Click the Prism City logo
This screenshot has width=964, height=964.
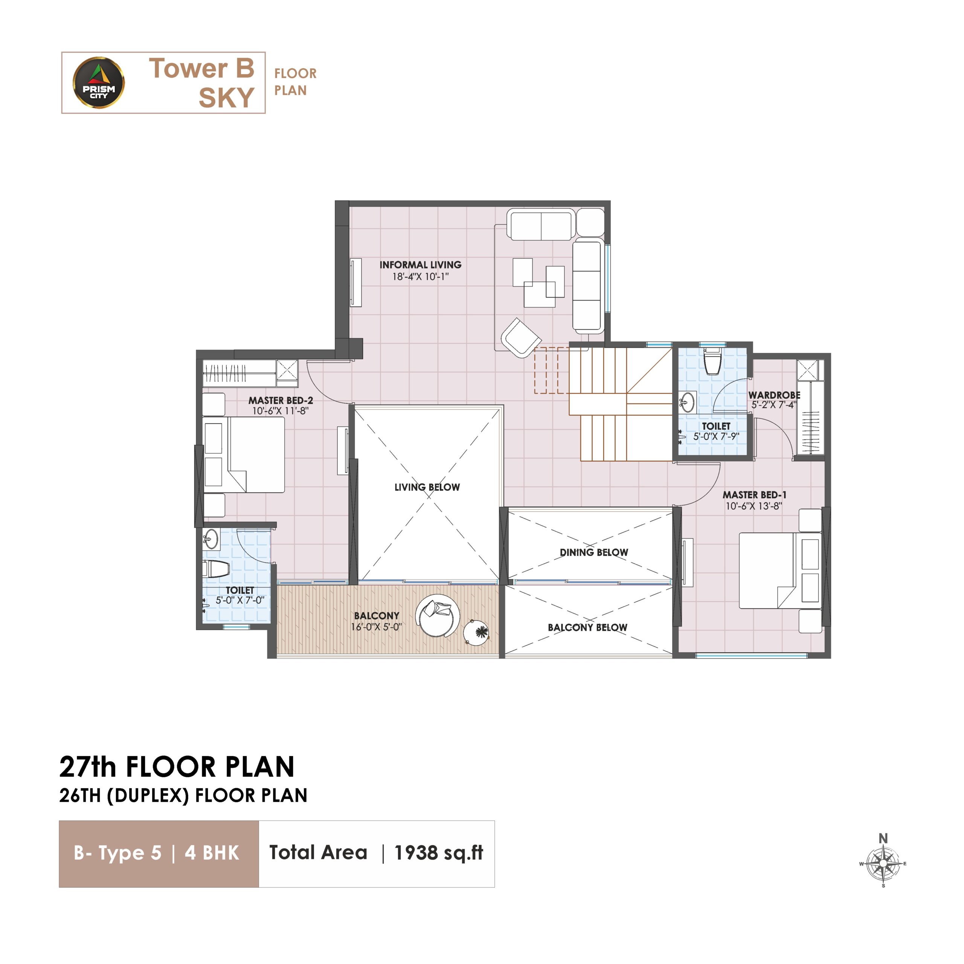pyautogui.click(x=99, y=83)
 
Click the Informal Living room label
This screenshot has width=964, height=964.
pyautogui.click(x=420, y=265)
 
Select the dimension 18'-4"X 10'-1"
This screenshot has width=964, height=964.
pyautogui.click(x=420, y=276)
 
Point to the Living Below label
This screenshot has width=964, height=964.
pyautogui.click(x=427, y=487)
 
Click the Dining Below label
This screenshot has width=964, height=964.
pyautogui.click(x=594, y=552)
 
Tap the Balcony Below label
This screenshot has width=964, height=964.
pyautogui.click(x=587, y=627)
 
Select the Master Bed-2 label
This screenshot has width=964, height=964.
pyautogui.click(x=281, y=400)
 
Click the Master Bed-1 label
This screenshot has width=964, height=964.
pyautogui.click(x=754, y=494)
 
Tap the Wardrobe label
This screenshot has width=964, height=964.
pyautogui.click(x=774, y=395)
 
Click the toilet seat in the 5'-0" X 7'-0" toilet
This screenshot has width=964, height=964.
pyautogui.click(x=215, y=569)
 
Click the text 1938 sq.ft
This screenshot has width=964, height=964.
pyautogui.click(x=439, y=853)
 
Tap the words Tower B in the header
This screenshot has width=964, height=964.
pyautogui.click(x=201, y=69)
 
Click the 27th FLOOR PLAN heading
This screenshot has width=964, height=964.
pyautogui.click(x=177, y=767)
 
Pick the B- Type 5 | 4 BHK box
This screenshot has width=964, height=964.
pyautogui.click(x=159, y=854)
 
